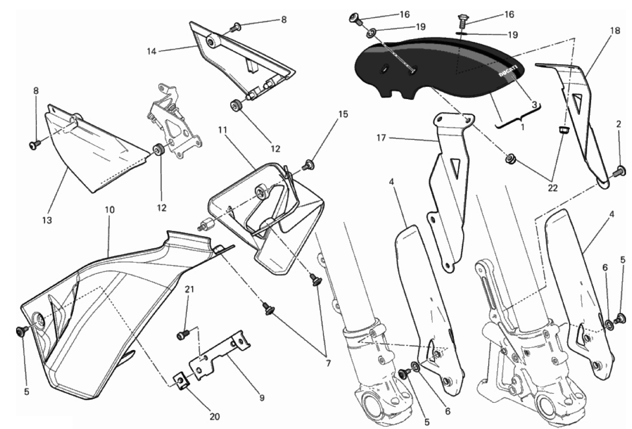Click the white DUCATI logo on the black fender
[x=508, y=71]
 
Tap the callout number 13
[x=47, y=220]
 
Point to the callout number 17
[x=381, y=139]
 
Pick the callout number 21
[x=189, y=289]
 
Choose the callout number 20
[x=215, y=416]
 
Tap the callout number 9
[x=262, y=398]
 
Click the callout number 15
[x=343, y=114]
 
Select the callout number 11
[x=222, y=130]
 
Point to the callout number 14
[x=152, y=51]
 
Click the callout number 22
[x=553, y=188]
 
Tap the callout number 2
[x=619, y=124]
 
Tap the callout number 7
[x=328, y=364]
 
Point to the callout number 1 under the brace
[x=522, y=127]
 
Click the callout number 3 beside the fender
[x=534, y=105]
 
